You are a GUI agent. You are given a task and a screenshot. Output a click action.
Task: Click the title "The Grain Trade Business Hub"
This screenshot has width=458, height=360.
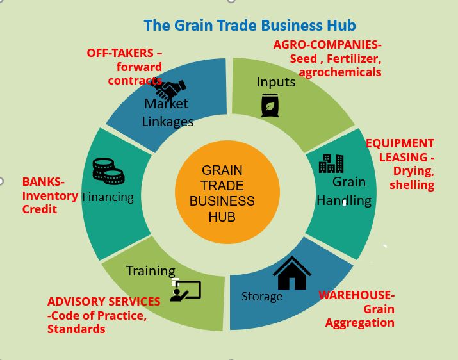tap(249, 26)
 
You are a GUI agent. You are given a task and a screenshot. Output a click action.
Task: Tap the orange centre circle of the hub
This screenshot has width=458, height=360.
tap(227, 193)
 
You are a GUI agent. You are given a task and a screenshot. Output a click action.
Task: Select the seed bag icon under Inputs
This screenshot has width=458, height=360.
tap(270, 105)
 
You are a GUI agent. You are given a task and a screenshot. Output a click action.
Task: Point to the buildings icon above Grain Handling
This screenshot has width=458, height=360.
tap(331, 163)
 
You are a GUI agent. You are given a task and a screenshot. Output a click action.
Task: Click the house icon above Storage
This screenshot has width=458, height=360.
tap(292, 274)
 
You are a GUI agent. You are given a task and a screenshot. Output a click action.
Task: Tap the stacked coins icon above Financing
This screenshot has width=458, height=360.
tap(108, 171)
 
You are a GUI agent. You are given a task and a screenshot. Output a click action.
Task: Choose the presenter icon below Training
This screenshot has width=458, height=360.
tap(186, 291)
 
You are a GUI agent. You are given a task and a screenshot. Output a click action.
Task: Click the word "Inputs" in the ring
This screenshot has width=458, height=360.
tap(275, 82)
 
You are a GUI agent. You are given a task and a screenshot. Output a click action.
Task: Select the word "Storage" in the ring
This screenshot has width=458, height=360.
tap(262, 297)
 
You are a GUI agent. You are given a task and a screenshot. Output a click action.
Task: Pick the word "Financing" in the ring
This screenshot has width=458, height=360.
tap(108, 197)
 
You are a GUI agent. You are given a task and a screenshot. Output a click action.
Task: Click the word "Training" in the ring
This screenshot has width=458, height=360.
tap(151, 271)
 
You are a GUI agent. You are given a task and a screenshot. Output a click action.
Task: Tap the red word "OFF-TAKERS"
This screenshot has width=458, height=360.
tap(120, 53)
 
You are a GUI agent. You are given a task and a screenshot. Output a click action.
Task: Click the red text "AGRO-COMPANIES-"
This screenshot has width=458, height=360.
tap(327, 45)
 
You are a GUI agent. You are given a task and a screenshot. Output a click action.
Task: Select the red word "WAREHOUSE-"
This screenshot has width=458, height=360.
tap(356, 295)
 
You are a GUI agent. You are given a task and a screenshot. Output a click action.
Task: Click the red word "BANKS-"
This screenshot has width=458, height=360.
tap(44, 182)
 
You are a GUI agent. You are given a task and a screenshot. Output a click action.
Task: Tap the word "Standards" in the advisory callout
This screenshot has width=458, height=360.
tap(76, 329)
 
